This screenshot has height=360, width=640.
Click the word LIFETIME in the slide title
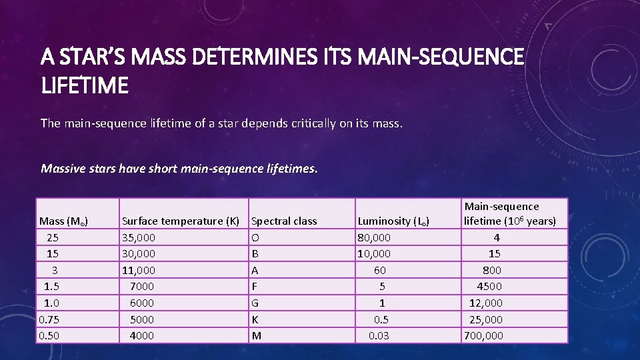(x=85, y=85)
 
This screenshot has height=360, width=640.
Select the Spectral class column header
(x=284, y=221)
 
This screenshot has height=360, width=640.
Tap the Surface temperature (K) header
(x=180, y=221)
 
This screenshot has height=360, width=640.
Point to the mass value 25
(x=52, y=237)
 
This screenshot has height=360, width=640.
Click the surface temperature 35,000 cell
(x=139, y=237)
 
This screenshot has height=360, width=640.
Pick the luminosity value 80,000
(x=375, y=237)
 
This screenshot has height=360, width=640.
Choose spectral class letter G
(x=256, y=303)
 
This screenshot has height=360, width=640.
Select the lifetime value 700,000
(x=483, y=335)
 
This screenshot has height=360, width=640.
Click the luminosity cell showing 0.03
(x=379, y=335)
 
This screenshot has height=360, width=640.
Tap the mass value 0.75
(x=49, y=319)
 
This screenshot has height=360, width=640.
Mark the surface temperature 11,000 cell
(x=139, y=270)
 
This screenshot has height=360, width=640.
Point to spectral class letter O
(x=256, y=237)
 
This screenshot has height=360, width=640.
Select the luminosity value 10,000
(x=375, y=253)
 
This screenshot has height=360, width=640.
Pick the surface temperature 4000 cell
(x=141, y=335)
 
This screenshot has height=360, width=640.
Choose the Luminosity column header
(x=393, y=221)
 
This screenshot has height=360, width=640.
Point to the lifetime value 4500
(x=489, y=286)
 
